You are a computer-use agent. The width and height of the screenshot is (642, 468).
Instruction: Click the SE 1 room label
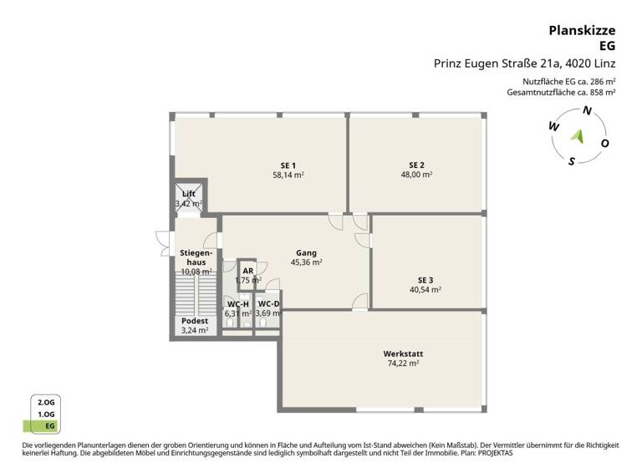pyautogui.click(x=288, y=165)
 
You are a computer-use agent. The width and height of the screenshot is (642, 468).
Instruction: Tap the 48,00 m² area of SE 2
pyautogui.click(x=416, y=175)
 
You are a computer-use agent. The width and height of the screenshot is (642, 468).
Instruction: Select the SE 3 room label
pyautogui.click(x=425, y=279)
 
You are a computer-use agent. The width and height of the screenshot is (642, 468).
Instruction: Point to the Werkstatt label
pyautogui.click(x=403, y=354)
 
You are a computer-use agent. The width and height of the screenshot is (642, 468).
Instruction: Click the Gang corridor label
pyautogui.click(x=306, y=252)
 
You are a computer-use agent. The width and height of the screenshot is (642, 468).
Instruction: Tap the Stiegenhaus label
pyautogui.click(x=196, y=257)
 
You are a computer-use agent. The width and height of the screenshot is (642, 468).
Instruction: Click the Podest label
pyautogui.click(x=194, y=320)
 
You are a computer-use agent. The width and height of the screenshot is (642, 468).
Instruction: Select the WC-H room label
pyautogui.click(x=237, y=303)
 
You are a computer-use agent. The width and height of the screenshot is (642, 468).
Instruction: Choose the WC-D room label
pyautogui.click(x=268, y=303)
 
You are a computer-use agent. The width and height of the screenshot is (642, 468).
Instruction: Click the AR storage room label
pyautogui.click(x=247, y=271)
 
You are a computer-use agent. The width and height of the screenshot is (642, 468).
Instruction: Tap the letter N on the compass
pyautogui.click(x=587, y=111)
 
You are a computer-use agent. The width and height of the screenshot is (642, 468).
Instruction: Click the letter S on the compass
pyautogui.click(x=571, y=161)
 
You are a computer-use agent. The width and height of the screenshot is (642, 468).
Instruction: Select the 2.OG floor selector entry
pyautogui.click(x=46, y=402)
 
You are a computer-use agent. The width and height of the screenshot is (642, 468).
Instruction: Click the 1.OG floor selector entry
pyautogui.click(x=46, y=414)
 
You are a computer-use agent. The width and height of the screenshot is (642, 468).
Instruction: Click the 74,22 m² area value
pyautogui.click(x=403, y=364)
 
